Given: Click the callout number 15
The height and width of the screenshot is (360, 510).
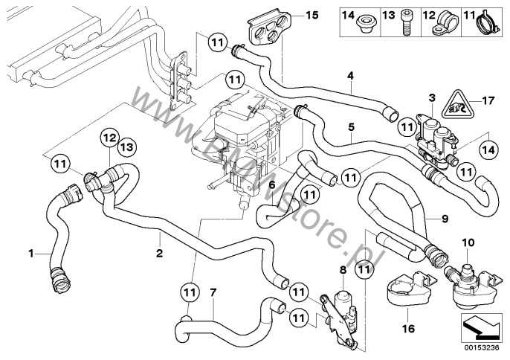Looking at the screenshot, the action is pyautogui.click(x=312, y=15).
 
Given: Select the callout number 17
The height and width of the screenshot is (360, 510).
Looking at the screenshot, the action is pyautogui.click(x=488, y=100).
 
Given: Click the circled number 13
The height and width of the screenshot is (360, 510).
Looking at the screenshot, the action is pyautogui.click(x=127, y=147).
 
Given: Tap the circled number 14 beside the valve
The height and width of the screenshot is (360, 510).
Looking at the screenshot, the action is pyautogui.click(x=488, y=150).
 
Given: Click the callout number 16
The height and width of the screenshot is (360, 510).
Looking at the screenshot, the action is pyautogui.click(x=408, y=329).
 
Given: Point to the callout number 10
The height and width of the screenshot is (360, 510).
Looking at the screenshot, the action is pyautogui.click(x=468, y=242).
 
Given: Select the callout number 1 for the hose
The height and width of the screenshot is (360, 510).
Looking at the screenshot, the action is pyautogui.click(x=31, y=253).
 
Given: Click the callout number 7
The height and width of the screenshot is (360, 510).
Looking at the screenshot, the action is pyautogui.click(x=213, y=292).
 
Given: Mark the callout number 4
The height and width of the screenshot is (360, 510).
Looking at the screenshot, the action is pyautogui.click(x=350, y=76).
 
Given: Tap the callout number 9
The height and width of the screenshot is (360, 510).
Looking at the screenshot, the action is pyautogui.click(x=445, y=219).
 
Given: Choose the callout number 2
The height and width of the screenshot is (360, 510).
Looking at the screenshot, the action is pyautogui.click(x=159, y=253).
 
